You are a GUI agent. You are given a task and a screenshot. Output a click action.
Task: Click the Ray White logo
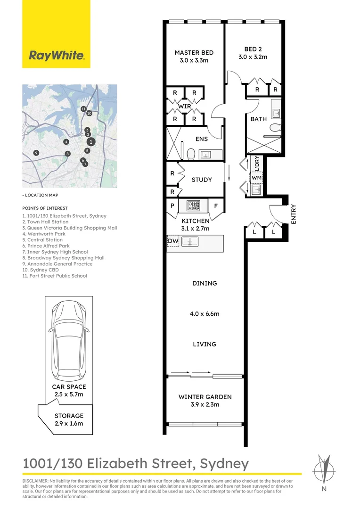point(56,34)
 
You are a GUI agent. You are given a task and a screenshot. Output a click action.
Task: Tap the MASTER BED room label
point(194,53)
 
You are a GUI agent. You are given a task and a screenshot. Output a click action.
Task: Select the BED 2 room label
point(253,49)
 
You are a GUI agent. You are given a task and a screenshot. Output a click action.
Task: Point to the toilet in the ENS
point(191,154)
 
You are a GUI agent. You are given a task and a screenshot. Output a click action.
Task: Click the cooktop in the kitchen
point(193,205)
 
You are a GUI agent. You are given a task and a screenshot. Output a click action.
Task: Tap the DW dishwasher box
point(173,241)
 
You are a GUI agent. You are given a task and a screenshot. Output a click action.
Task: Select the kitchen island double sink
point(189,241)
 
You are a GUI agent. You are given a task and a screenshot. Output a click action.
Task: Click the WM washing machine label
point(256,178)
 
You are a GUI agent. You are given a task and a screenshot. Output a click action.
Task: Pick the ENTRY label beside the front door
point(294,214)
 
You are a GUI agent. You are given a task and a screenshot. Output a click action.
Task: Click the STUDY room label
point(202,180)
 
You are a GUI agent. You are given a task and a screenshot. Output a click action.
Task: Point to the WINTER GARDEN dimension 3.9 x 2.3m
point(205,404)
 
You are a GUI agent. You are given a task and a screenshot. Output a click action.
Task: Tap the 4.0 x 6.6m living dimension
point(205,313)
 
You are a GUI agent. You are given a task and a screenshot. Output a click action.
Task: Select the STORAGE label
point(69,416)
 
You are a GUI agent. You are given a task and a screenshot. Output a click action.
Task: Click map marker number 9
point(36,153)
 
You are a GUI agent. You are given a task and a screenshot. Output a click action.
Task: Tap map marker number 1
point(91,141)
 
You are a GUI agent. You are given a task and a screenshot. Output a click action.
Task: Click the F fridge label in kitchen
point(216,206)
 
